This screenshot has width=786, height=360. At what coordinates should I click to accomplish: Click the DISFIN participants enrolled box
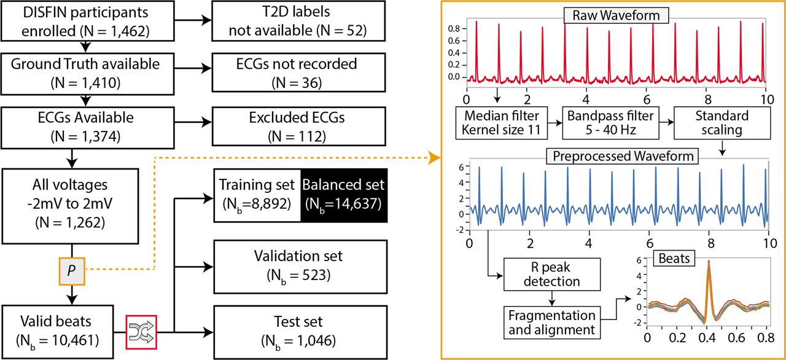click(87, 21)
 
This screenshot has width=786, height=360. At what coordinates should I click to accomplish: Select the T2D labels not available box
click(298, 21)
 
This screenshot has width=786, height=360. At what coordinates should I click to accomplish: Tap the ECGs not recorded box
click(298, 72)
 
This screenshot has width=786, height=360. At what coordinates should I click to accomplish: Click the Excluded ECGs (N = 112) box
click(298, 127)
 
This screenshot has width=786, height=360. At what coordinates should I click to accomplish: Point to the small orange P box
click(72, 271)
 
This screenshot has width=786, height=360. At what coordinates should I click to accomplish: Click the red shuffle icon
click(141, 332)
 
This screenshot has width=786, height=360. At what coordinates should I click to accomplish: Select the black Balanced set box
click(344, 195)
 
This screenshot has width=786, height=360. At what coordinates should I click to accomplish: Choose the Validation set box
click(300, 267)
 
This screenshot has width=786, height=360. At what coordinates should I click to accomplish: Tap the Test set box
click(300, 332)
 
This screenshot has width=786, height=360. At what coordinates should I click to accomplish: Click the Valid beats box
click(58, 332)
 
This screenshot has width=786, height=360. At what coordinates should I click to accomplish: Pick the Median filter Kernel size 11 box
click(502, 123)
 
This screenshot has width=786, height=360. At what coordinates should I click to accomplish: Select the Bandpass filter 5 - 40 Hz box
click(610, 123)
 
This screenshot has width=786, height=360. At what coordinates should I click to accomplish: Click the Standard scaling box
click(722, 123)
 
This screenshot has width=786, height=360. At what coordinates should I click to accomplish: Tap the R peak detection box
click(552, 275)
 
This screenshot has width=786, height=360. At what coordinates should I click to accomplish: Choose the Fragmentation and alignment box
click(552, 323)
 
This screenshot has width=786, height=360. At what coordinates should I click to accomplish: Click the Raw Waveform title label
click(616, 15)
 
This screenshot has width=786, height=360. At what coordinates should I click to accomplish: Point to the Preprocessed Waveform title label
click(623, 156)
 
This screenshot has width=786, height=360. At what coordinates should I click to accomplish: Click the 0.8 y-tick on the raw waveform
click(454, 29)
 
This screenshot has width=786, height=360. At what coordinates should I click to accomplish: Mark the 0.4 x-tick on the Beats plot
click(707, 337)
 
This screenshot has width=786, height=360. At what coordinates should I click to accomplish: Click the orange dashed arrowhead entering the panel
click(435, 158)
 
